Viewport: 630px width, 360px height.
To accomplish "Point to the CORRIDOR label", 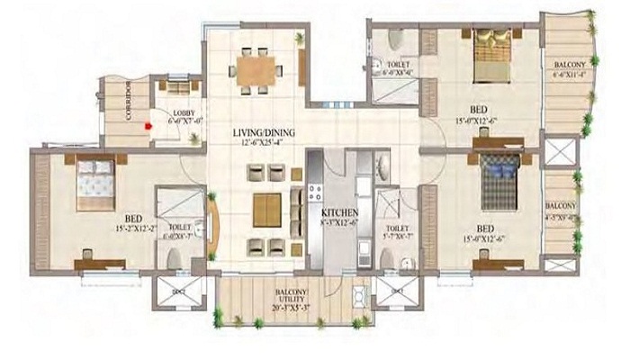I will tap(129, 103).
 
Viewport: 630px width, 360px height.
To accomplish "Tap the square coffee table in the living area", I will tap(266, 209).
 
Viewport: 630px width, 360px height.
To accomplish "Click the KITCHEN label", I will tap(339, 212).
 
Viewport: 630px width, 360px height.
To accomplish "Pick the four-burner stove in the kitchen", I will tap(315, 191).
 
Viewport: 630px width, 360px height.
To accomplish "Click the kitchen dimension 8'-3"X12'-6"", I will tap(339, 222).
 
